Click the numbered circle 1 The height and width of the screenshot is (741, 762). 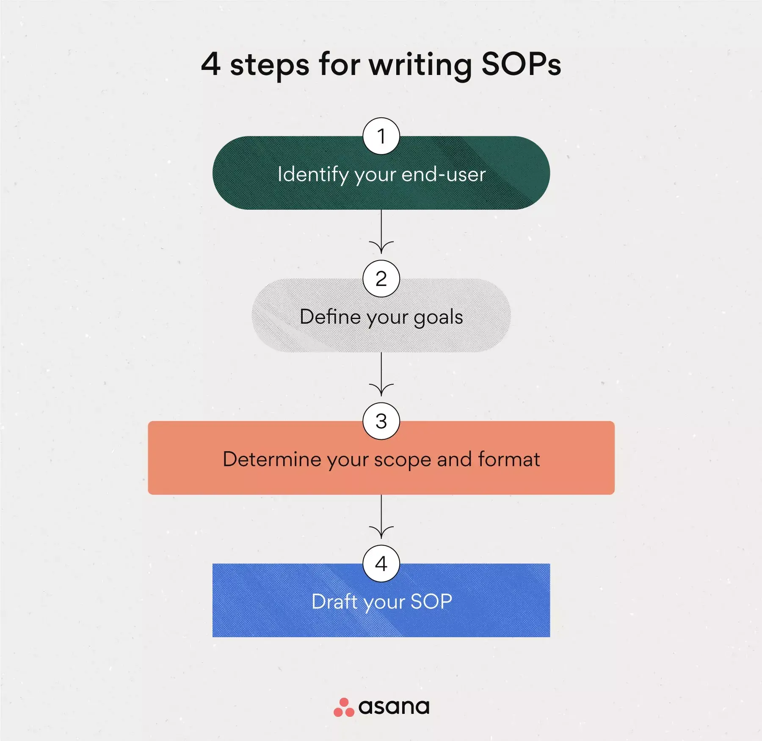pos(381,136)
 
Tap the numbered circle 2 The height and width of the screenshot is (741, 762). pos(381,279)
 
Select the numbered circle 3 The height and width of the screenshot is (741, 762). pos(381,421)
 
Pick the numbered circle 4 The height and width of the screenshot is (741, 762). pos(381,563)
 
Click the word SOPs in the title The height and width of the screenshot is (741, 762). pos(521,64)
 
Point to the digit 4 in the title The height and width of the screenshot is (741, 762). pos(211,64)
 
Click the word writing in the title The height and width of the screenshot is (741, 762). pos(420,66)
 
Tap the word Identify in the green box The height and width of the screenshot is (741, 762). pos(313,175)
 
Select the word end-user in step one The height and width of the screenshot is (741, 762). pos(443,174)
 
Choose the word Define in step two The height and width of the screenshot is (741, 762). pos(330,316)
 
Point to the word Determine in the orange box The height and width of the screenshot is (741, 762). pos(272,459)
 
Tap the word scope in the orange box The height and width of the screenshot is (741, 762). pos(402,461)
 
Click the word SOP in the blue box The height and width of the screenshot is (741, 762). pos(431,602)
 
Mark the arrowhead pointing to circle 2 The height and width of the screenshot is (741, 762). pos(381,247)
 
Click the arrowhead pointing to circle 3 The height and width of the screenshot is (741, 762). pos(381,389)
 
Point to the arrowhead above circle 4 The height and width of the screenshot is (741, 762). pos(381,532)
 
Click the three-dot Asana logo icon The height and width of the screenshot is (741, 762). pos(344,707)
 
